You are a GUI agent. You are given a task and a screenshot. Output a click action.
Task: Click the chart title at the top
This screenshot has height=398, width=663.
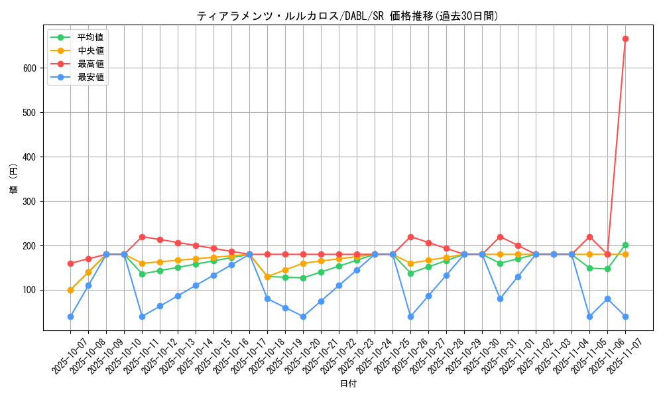347,16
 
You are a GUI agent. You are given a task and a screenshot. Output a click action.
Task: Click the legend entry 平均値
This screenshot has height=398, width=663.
91,37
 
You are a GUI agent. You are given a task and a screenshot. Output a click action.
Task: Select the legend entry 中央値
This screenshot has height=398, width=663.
91,50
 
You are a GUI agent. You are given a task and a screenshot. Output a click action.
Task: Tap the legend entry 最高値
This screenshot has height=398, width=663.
91,64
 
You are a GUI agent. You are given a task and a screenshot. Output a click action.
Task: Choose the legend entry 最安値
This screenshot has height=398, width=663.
91,77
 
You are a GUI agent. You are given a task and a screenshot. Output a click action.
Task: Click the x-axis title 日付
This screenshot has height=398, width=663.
347,384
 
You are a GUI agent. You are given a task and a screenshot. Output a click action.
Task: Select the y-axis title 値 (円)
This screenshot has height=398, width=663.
14,179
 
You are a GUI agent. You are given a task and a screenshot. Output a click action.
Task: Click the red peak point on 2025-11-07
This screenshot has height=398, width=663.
625,38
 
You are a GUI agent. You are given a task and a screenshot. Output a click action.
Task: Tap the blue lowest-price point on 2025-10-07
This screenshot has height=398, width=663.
70,316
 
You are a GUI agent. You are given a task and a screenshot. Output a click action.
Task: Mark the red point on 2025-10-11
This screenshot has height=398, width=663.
142,237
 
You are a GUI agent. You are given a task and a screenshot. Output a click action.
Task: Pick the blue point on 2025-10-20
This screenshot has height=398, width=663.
303,316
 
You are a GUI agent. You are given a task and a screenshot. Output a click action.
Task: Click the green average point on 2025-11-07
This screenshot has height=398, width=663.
625,245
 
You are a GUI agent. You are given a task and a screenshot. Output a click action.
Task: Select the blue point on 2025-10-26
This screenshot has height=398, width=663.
410,316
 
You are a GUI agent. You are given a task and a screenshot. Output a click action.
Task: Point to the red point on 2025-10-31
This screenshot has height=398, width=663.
500,237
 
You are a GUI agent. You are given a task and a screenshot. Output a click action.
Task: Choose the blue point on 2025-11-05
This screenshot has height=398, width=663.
589,316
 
